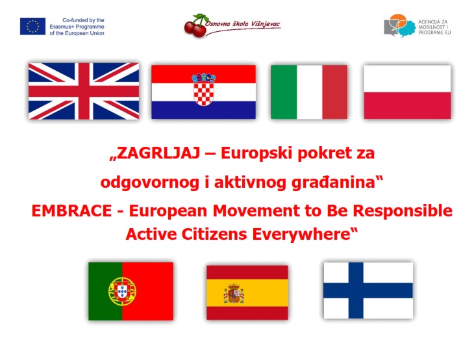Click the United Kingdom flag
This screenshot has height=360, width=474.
pyautogui.click(x=84, y=91)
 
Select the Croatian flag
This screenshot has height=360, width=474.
pyautogui.click(x=203, y=92)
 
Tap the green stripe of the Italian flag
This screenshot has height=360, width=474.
pyautogui.click(x=284, y=92)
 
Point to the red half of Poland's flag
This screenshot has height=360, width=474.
pyautogui.click(x=407, y=105)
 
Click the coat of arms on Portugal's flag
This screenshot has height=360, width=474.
pyautogui.click(x=122, y=291)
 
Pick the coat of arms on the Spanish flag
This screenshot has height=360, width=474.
pyautogui.click(x=234, y=293)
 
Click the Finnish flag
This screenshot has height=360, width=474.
pyautogui.click(x=368, y=290)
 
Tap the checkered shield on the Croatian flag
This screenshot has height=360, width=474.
pyautogui.click(x=204, y=94)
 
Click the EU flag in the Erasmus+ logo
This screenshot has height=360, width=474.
pyautogui.click(x=32, y=27)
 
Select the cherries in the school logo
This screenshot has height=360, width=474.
pyautogui.click(x=195, y=27)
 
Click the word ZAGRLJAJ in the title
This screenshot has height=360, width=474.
pyautogui.click(x=158, y=153)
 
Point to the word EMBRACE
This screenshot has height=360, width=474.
pyautogui.click(x=71, y=211)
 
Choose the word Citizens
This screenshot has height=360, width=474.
pyautogui.click(x=214, y=234)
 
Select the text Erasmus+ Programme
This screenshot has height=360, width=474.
pyautogui.click(x=77, y=27)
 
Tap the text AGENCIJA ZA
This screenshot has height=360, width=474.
pyautogui.click(x=433, y=22)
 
